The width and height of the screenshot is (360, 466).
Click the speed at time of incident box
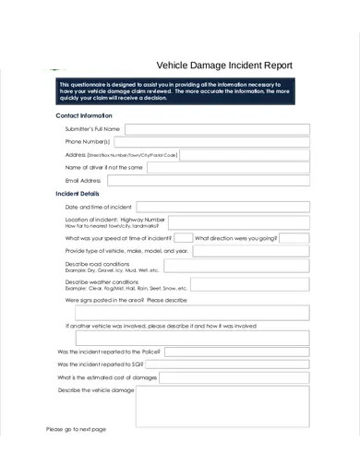point(183,237)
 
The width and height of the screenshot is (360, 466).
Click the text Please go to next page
point(77,429)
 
